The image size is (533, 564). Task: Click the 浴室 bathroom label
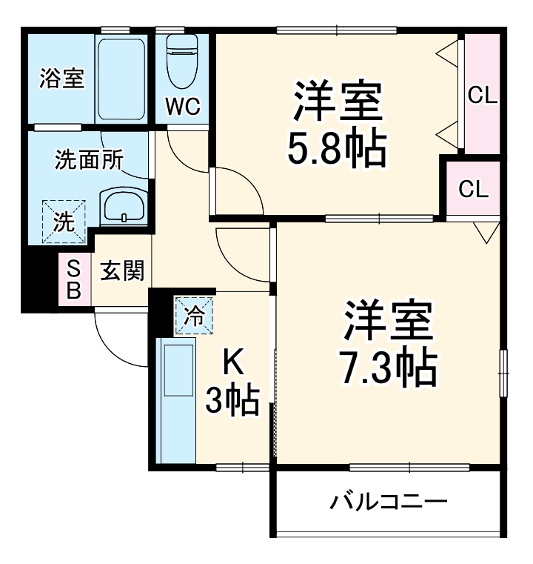click(x=61, y=79)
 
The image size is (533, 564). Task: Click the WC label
click(x=182, y=107)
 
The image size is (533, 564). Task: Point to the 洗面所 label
click(x=89, y=160)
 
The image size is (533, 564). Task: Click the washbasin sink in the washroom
click(x=124, y=206)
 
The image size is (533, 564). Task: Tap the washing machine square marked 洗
click(x=64, y=221)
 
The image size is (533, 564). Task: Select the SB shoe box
click(x=74, y=279)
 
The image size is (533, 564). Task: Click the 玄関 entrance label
click(x=121, y=272)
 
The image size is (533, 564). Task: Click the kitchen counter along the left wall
click(x=175, y=400)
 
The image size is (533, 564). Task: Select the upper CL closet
click(x=482, y=95)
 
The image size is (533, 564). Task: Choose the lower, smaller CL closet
click(x=473, y=189)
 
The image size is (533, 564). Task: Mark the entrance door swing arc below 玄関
click(x=118, y=341)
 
